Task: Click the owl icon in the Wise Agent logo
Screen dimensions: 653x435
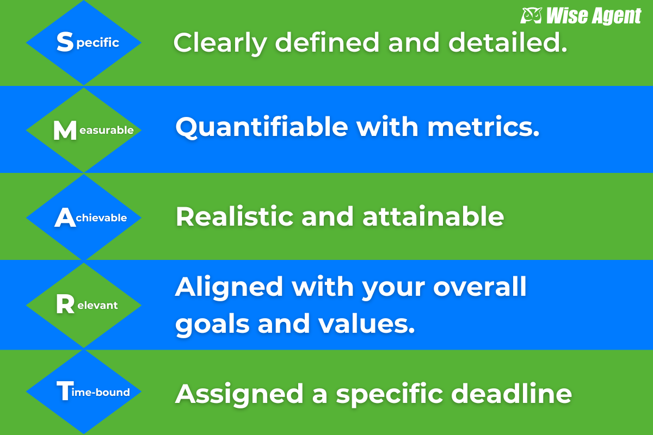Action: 531,15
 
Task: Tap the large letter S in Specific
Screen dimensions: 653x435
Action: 65,42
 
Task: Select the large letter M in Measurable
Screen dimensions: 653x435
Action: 65,130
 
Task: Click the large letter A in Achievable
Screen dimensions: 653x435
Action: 65,217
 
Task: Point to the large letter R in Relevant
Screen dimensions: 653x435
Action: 65,304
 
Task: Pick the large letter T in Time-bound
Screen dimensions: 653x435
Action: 64,390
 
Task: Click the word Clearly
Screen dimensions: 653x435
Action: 220,43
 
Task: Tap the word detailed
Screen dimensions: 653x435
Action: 508,42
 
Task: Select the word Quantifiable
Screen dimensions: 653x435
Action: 262,127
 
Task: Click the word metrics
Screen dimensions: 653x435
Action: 483,127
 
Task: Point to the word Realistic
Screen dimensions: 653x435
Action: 235,216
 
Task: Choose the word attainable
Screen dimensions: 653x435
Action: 433,216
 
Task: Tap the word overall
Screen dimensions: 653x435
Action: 480,287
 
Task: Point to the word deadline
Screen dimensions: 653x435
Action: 512,393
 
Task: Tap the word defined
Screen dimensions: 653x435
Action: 327,42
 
